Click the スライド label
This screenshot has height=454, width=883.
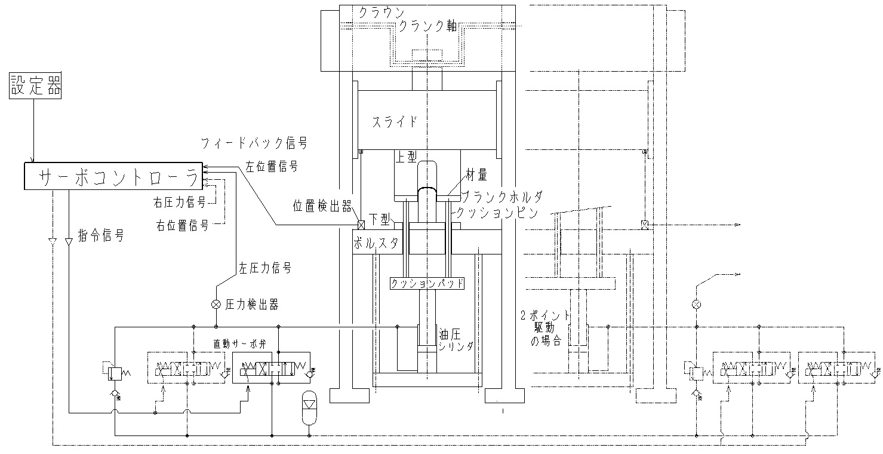(395, 122)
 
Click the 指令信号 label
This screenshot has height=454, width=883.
(101, 236)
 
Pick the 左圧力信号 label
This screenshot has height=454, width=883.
(265, 269)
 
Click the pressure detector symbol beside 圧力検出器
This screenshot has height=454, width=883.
(216, 304)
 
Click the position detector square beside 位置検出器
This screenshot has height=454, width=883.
(360, 225)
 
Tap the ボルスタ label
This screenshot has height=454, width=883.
(375, 244)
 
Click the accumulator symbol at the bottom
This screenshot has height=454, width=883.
(309, 408)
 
